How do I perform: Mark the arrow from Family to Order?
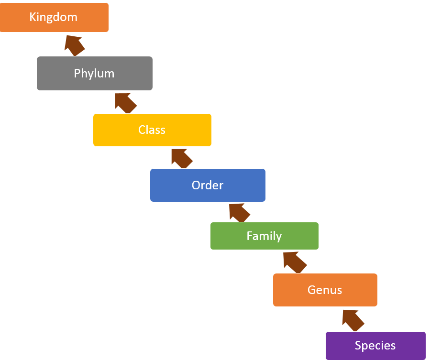coord(239,212)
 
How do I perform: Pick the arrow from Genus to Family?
coord(294,262)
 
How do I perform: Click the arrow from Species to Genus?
coord(353,319)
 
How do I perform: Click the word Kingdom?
coord(53,17)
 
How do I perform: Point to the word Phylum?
coord(94,73)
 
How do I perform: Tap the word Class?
coord(152,130)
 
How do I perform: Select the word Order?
coord(208,185)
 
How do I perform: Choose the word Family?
coord(264,236)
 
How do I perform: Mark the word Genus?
coord(325,290)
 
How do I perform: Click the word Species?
coord(375,345)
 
